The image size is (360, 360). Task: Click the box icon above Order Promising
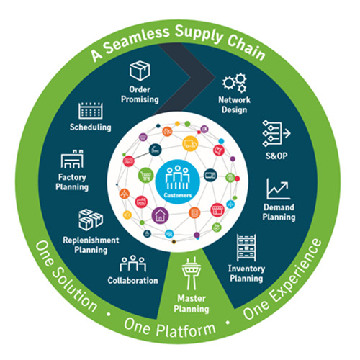click(140, 71)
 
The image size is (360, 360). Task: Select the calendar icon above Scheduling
click(91, 111)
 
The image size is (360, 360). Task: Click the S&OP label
click(276, 156)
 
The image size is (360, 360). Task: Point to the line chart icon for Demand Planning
click(279, 189)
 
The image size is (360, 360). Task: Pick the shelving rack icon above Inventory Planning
click(246, 248)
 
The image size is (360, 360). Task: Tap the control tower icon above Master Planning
click(192, 274)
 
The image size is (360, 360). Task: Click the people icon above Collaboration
click(132, 264)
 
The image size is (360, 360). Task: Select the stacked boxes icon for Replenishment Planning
click(91, 220)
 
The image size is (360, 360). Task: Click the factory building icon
click(72, 159)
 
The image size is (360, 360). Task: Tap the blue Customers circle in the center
click(178, 181)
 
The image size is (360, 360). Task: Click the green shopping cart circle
click(145, 176)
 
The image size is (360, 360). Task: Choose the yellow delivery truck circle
click(190, 143)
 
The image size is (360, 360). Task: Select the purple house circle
click(160, 215)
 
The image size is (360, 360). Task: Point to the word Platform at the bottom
click(186, 330)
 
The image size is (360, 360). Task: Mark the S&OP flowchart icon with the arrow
click(276, 134)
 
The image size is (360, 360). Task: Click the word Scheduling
click(91, 127)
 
